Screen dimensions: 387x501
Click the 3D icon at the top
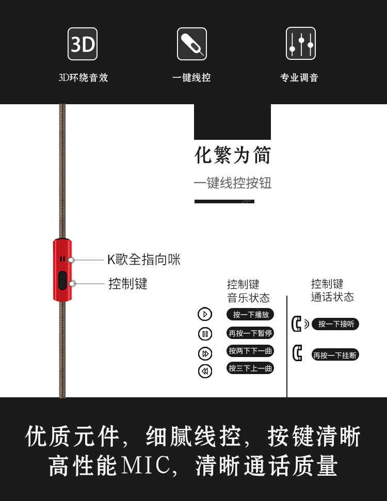coord(83,44)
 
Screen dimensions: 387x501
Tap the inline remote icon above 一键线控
coord(192,44)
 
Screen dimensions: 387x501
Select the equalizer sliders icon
coord(301,43)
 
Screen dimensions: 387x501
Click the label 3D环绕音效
coord(83,77)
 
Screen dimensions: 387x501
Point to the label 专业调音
coord(299,77)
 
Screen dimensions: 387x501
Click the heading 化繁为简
coord(233,155)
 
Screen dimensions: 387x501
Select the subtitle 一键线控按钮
coord(233,183)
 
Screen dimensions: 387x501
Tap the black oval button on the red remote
coord(62,281)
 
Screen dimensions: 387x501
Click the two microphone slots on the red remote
coord(62,259)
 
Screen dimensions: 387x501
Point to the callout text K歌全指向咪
coord(144,260)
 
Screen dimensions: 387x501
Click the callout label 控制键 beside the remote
coord(128,284)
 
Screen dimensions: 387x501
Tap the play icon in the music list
coord(205,314)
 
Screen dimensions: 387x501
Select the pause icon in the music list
coord(205,334)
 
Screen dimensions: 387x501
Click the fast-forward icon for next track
coord(205,353)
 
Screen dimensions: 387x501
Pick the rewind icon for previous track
coord(205,371)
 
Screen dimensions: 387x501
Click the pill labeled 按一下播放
coord(250,314)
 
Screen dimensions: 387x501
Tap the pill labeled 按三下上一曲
coord(250,368)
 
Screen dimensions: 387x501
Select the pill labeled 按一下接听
coord(335,324)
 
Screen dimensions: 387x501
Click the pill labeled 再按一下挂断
coord(335,355)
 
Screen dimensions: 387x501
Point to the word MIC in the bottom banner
coord(146,465)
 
